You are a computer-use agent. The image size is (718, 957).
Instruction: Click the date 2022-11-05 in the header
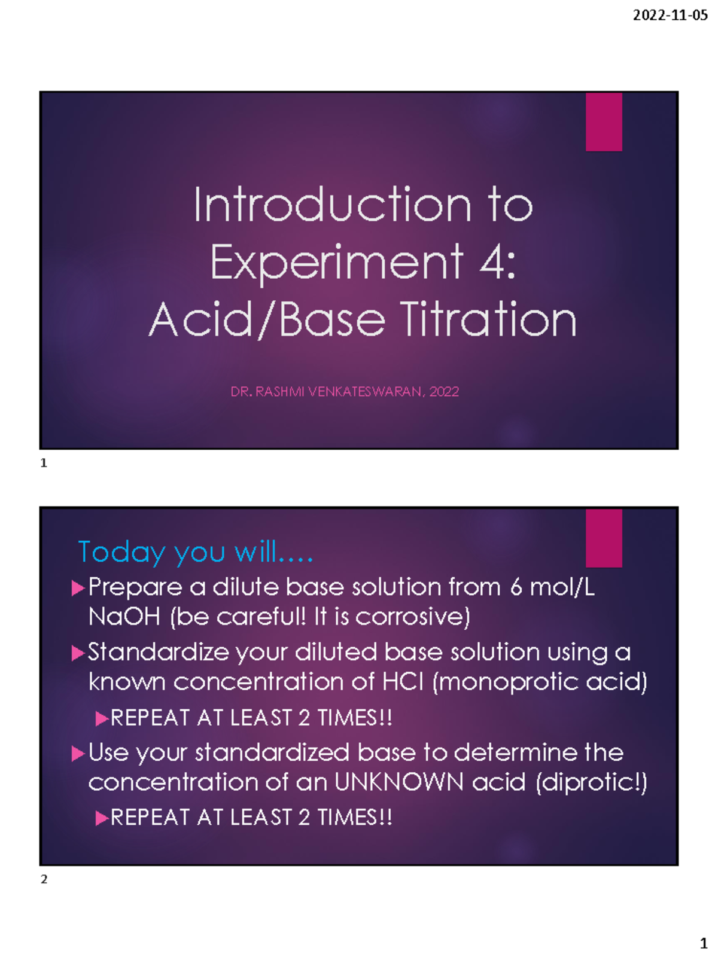pyautogui.click(x=670, y=16)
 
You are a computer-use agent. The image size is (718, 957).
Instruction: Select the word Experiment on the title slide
pyautogui.click(x=336, y=263)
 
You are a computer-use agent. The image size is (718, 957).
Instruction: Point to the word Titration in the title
pyautogui.click(x=488, y=319)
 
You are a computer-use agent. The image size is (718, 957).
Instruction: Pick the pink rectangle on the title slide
pyautogui.click(x=604, y=122)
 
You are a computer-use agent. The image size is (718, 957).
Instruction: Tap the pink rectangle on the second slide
pyautogui.click(x=604, y=538)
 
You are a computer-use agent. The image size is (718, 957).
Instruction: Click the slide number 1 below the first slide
pyautogui.click(x=44, y=463)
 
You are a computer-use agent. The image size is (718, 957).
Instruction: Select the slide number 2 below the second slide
pyautogui.click(x=44, y=879)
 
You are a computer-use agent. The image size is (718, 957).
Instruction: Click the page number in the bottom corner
pyautogui.click(x=704, y=943)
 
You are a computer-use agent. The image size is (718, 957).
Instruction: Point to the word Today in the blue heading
pyautogui.click(x=121, y=551)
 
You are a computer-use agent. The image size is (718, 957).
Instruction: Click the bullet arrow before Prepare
pyautogui.click(x=77, y=589)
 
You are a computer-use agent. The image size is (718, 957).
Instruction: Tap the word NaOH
pyautogui.click(x=124, y=617)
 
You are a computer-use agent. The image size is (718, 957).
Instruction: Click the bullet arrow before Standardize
pyautogui.click(x=77, y=653)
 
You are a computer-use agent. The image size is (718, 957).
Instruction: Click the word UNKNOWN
pyautogui.click(x=399, y=782)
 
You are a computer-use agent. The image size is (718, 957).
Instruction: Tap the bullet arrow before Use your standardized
pyautogui.click(x=77, y=754)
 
